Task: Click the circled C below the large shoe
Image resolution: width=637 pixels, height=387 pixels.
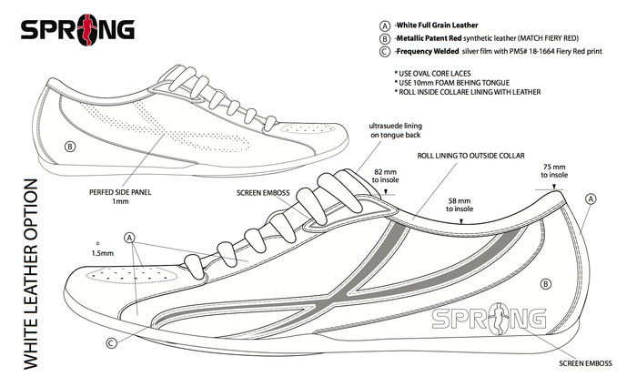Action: [110, 343]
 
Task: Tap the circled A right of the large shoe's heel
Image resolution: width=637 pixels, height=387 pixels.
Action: [591, 198]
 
